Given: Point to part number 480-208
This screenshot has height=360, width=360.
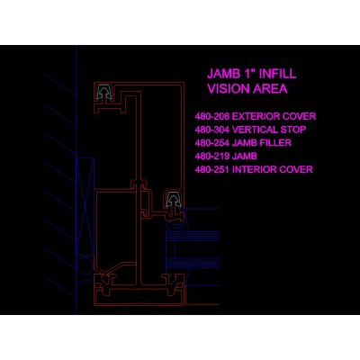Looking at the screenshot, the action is point(212,116).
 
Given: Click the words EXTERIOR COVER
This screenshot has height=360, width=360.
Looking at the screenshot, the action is point(274,116).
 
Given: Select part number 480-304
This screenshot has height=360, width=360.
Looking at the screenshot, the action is point(212,130).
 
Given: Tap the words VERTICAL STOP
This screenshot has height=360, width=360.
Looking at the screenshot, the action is point(269,130).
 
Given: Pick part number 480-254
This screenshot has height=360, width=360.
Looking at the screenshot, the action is point(212,143).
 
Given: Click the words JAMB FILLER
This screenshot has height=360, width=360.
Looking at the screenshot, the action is point(262,143).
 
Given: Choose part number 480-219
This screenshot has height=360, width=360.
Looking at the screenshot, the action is point(212,157).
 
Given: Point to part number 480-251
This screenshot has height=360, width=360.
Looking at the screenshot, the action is point(212,169).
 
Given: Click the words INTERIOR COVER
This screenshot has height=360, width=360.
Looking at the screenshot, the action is point(273,169).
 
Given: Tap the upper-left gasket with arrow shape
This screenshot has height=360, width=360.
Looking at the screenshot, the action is point(104,92).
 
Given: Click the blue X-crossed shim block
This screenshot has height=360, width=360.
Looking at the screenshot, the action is point(85,206).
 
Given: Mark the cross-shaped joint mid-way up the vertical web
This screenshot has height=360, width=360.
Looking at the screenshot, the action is point(139,184).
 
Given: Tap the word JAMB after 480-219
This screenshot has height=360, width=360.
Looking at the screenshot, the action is point(245,157).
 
